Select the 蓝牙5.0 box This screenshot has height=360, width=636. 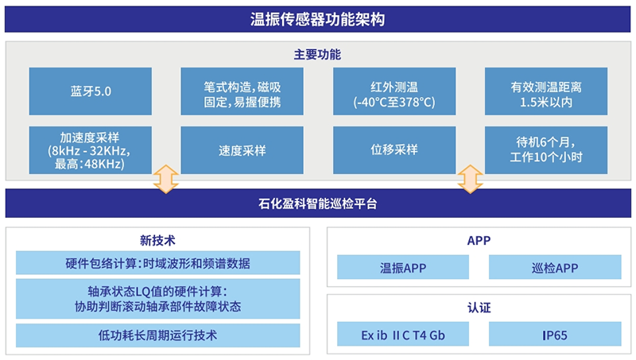90,91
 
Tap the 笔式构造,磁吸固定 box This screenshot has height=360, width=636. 242,91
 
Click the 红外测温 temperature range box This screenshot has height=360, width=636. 394,91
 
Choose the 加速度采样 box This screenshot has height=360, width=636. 90,149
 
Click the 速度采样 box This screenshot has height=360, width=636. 242,149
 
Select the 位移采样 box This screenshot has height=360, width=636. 394,149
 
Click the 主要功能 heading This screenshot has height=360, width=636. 317,56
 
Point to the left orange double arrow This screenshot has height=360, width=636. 165,179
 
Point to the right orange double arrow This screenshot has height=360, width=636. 470,179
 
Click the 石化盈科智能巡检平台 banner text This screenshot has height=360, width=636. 317,203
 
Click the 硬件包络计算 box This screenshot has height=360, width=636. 157,263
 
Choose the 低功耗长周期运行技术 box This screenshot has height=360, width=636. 157,335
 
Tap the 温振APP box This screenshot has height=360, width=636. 403,268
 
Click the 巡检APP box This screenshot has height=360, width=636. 555,268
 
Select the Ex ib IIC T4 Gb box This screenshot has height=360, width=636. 403,335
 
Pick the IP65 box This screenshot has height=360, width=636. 555,335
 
